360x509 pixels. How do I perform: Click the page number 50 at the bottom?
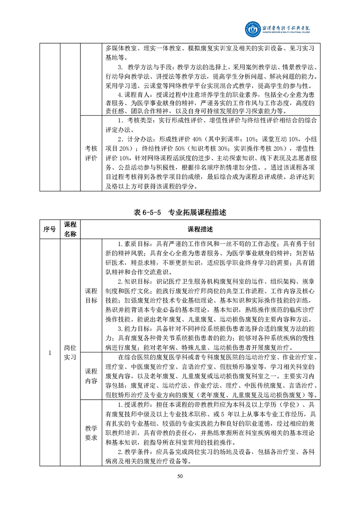(180, 476)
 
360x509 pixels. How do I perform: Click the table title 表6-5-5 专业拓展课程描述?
(180, 212)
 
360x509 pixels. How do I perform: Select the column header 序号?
(49, 229)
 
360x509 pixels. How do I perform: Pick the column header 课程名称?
(70, 229)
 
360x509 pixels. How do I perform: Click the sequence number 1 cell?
(49, 352)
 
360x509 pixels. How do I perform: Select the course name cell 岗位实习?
(70, 352)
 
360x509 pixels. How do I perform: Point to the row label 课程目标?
(91, 295)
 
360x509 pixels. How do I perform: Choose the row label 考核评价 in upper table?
(91, 153)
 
